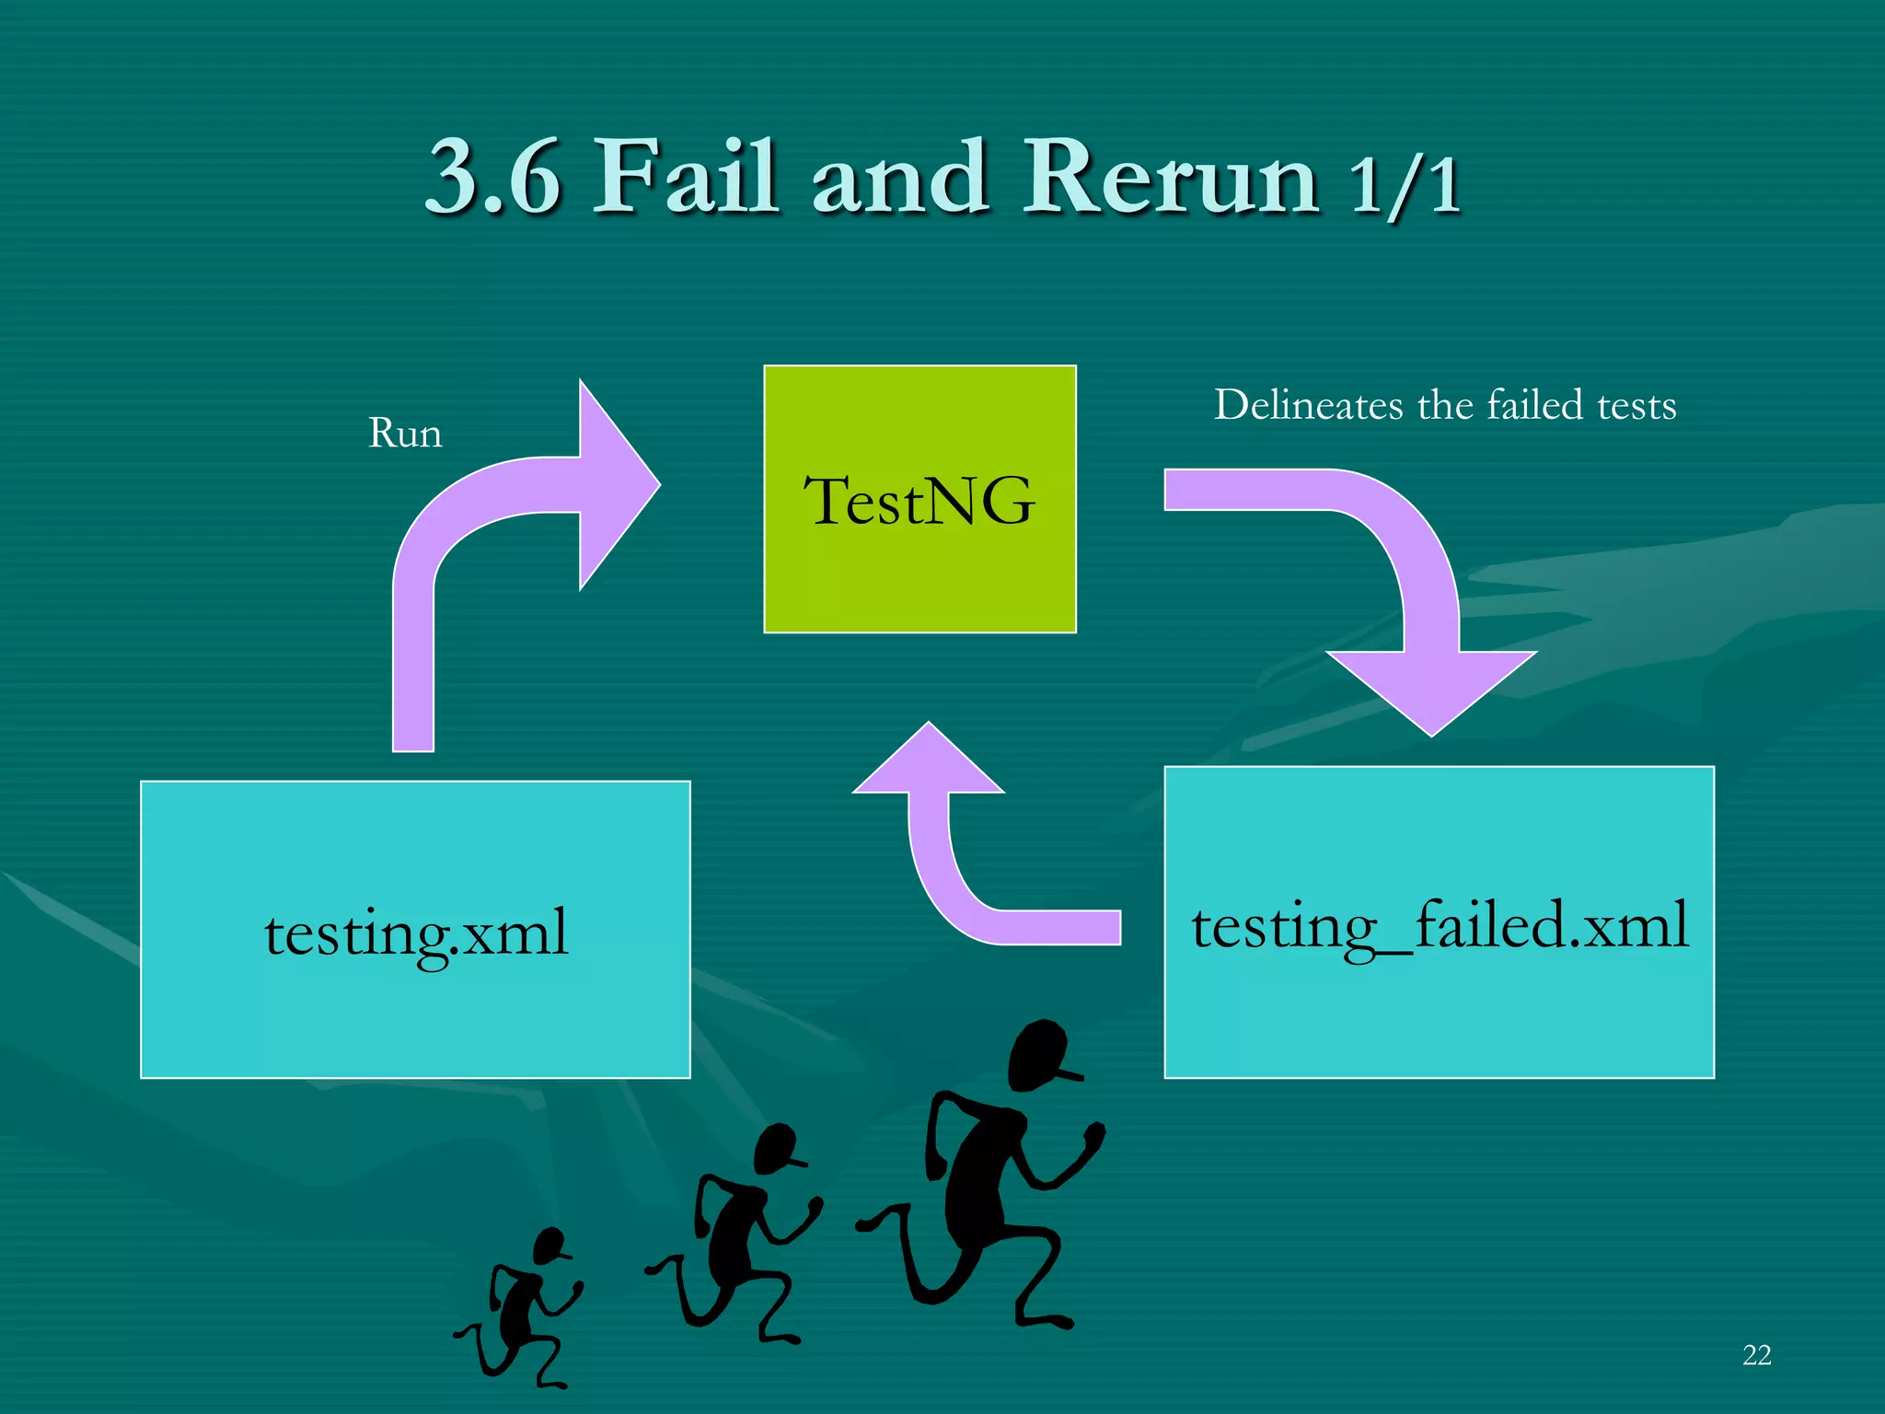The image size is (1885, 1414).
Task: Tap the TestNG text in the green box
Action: [919, 502]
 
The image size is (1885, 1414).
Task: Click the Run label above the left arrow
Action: [405, 433]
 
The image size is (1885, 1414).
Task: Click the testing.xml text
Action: [416, 933]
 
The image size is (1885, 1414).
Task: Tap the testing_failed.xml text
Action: [1440, 926]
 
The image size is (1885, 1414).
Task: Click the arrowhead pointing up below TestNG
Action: [929, 759]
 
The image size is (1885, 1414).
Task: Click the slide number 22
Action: [1756, 1355]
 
